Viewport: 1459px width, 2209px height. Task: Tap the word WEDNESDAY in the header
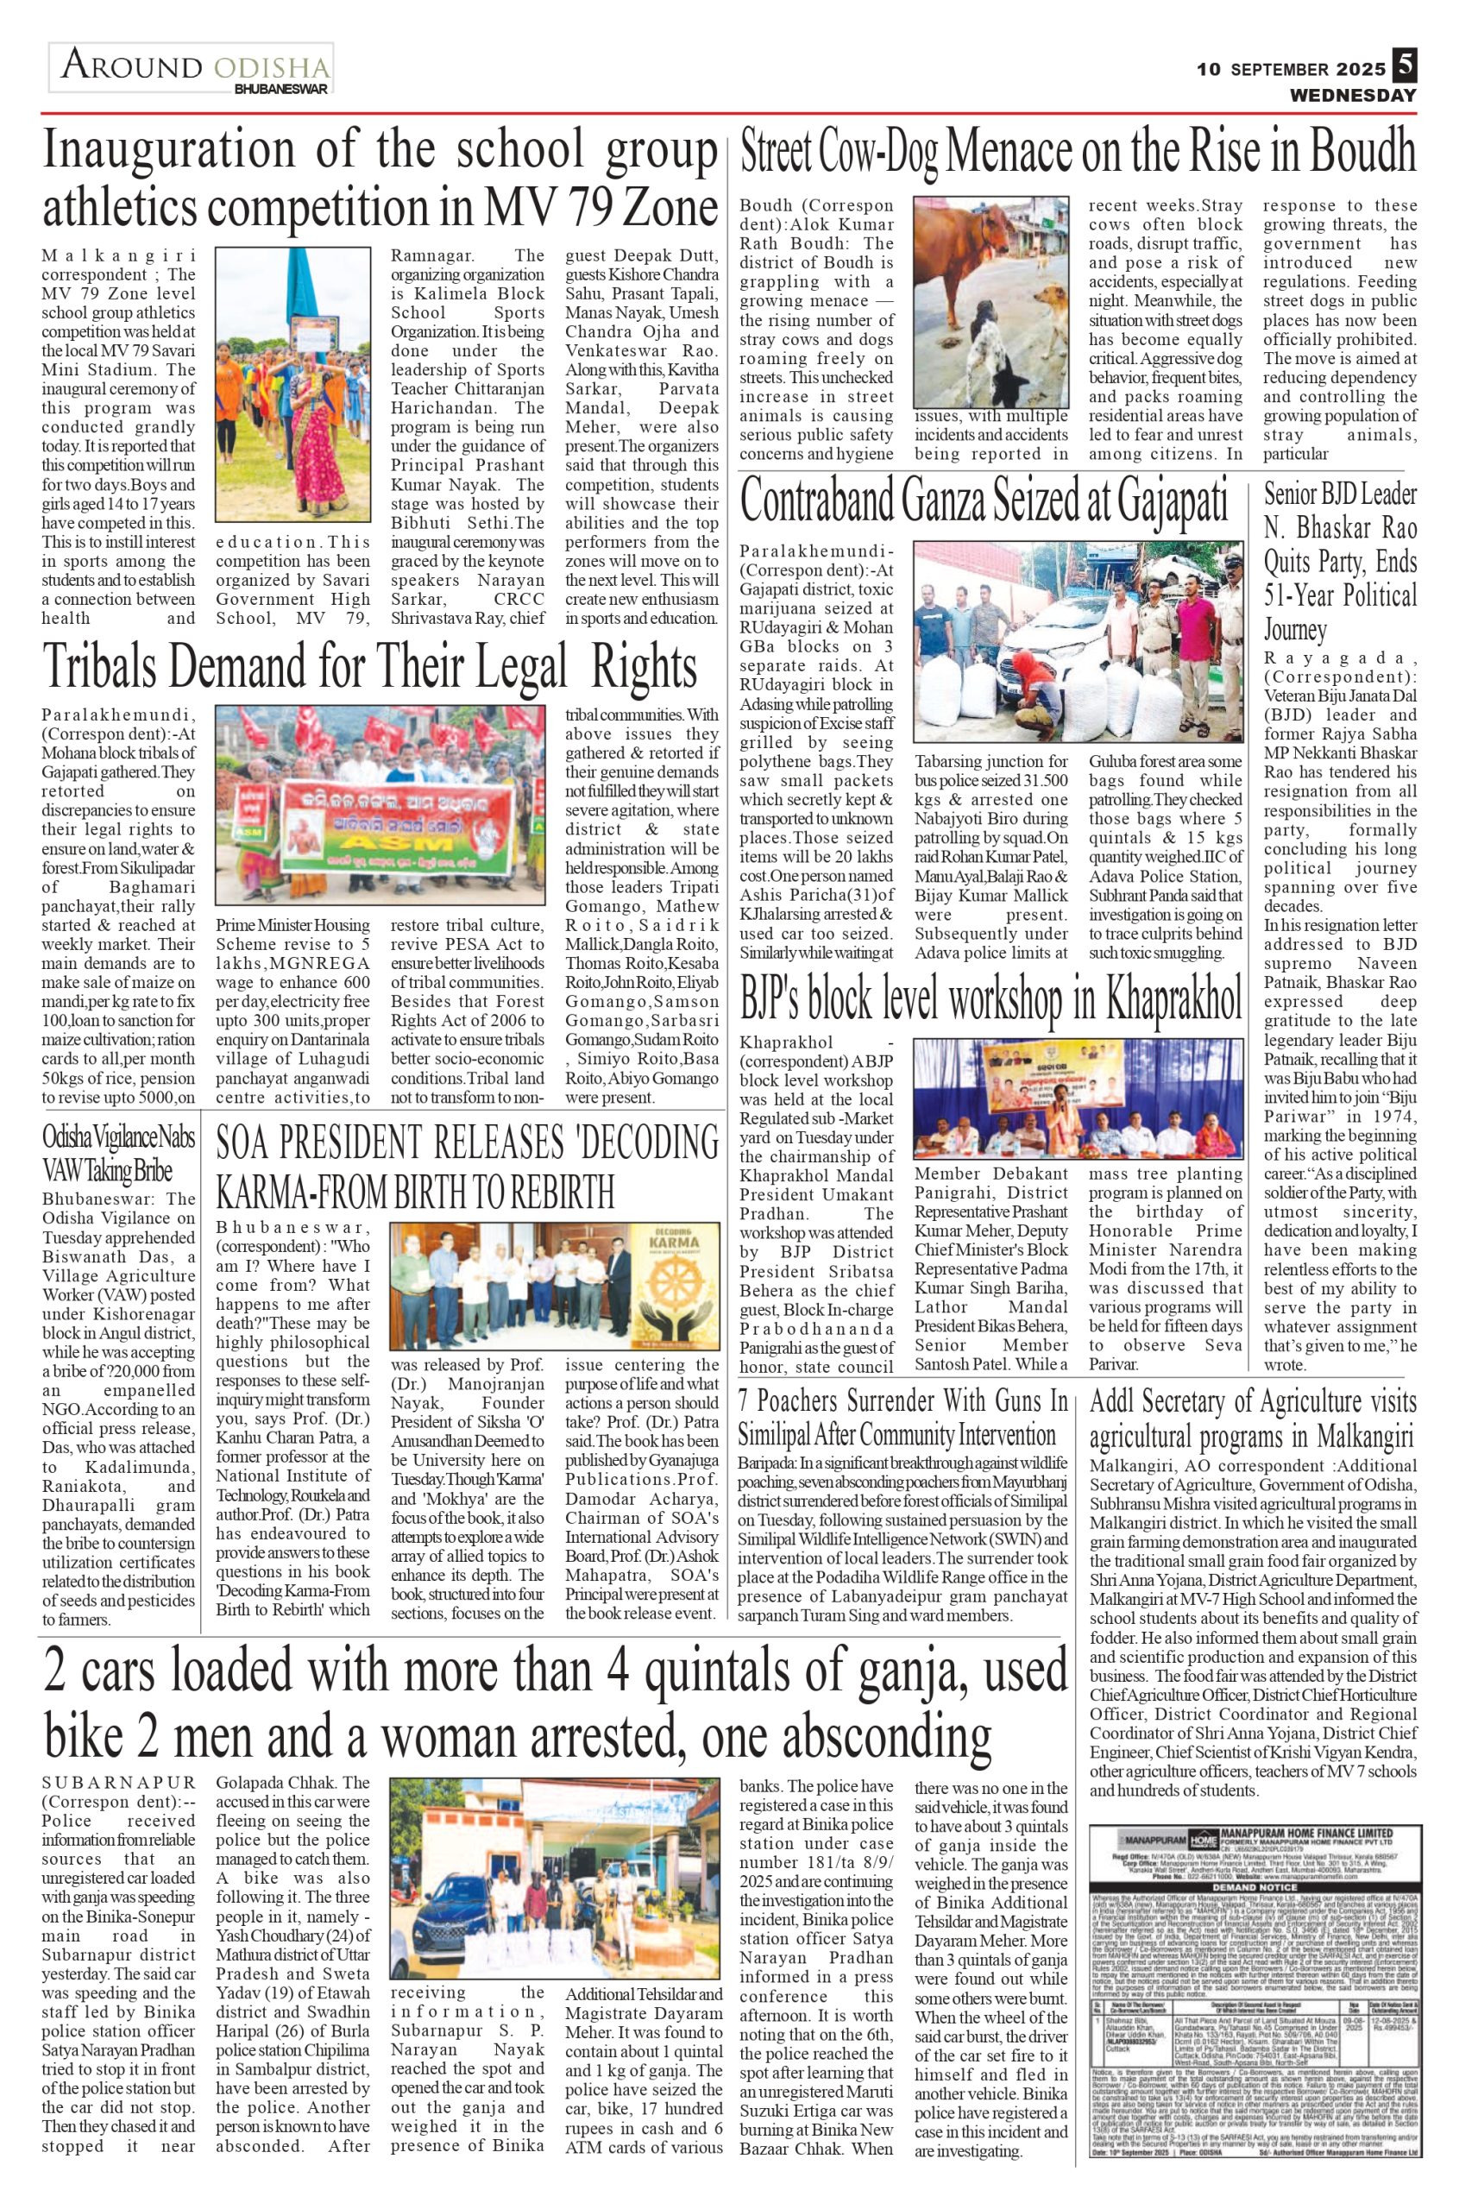(x=1352, y=95)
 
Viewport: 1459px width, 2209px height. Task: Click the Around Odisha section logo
(x=192, y=70)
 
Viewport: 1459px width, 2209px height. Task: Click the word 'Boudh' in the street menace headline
(x=1365, y=152)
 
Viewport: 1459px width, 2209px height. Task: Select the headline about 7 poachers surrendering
(x=902, y=1416)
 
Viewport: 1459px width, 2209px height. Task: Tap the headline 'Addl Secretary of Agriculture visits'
(x=1253, y=1401)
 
